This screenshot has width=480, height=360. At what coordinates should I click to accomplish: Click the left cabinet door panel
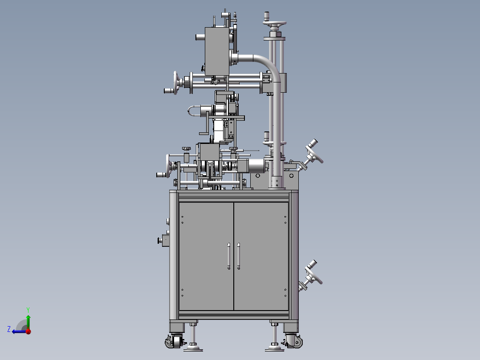click(x=206, y=256)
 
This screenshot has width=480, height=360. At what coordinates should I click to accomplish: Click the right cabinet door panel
click(x=261, y=256)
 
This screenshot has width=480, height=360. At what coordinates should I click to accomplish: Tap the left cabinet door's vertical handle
click(x=228, y=257)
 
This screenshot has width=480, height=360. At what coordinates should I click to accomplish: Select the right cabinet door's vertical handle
click(x=239, y=257)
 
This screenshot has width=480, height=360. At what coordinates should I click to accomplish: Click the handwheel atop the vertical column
click(x=275, y=25)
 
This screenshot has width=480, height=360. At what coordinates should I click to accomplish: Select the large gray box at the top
click(x=216, y=51)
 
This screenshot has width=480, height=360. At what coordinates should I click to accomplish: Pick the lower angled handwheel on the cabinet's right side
click(x=313, y=273)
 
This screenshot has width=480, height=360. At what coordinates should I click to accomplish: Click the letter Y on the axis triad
click(x=28, y=309)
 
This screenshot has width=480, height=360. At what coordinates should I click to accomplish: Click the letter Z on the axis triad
click(x=9, y=329)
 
